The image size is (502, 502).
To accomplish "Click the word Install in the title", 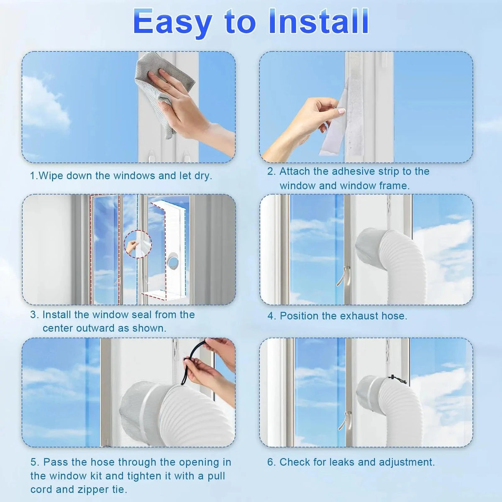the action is coord(319,21).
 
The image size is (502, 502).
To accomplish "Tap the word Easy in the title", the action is coord(172,24).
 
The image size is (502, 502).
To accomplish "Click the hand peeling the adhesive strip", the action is coord(307,125).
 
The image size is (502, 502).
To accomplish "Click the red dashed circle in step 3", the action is coord(138,245).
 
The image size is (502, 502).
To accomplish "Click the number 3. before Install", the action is coord(34,315).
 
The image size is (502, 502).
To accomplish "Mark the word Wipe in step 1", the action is coord(51,177).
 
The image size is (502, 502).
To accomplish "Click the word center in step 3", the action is coord(58,328).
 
